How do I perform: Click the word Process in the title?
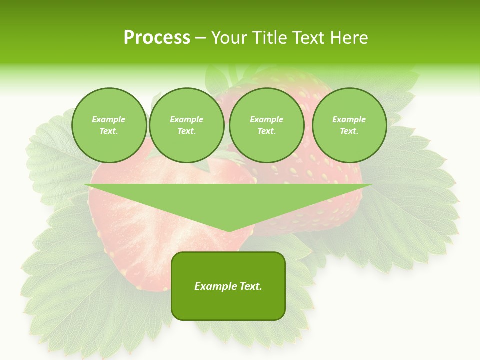coord(157,38)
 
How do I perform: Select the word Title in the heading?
coord(272,38)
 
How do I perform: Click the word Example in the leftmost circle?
coord(109,119)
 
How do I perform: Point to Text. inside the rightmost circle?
coord(349,131)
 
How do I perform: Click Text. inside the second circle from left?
coord(186,131)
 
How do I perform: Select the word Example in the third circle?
coord(266,119)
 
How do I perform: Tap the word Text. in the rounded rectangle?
coord(250,286)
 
